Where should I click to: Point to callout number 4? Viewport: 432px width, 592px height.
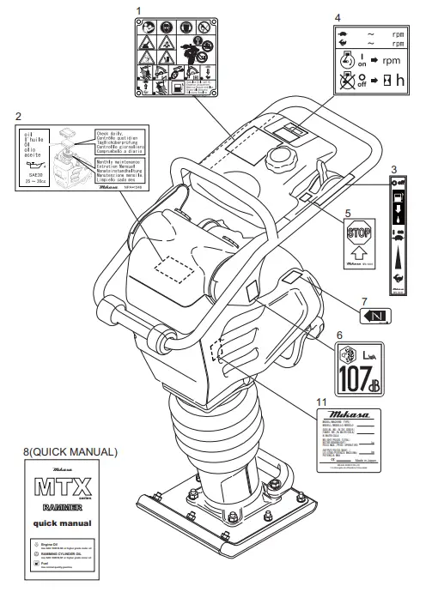(338, 16)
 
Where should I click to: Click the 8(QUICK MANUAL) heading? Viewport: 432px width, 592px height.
(71, 450)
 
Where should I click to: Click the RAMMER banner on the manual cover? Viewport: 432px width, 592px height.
(70, 507)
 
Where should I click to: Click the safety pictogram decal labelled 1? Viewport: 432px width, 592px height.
(175, 58)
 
